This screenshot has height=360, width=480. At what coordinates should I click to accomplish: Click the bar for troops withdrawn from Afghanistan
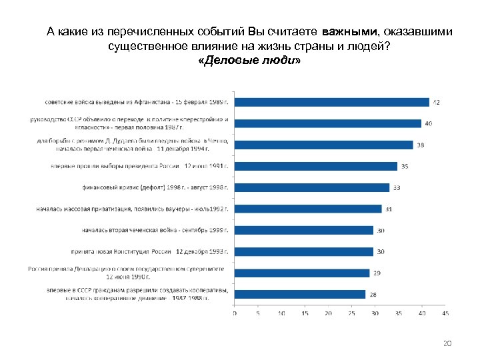(331, 102)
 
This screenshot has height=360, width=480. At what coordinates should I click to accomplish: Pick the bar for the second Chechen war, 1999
(303, 230)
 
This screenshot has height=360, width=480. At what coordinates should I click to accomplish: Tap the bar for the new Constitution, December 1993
(303, 251)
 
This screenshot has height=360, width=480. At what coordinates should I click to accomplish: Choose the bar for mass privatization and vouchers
(307, 209)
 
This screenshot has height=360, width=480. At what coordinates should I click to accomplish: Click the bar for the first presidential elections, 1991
(315, 166)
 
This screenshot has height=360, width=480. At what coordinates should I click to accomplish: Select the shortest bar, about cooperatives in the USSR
(299, 294)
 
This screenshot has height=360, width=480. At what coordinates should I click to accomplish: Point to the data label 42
(436, 102)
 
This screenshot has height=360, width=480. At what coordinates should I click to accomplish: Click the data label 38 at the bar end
(420, 145)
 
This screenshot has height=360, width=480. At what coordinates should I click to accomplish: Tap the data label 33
(397, 187)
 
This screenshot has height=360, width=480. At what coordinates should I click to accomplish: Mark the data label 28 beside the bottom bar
(373, 294)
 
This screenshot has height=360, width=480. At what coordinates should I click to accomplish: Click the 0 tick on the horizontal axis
(234, 313)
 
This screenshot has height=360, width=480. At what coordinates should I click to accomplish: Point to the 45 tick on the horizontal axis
(445, 313)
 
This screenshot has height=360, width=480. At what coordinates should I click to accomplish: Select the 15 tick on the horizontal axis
(304, 313)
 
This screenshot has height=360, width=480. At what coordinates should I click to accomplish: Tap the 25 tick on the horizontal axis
(351, 313)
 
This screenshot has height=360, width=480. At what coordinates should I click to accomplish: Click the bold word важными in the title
(349, 31)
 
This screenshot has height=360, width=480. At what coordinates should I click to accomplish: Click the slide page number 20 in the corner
(447, 343)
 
